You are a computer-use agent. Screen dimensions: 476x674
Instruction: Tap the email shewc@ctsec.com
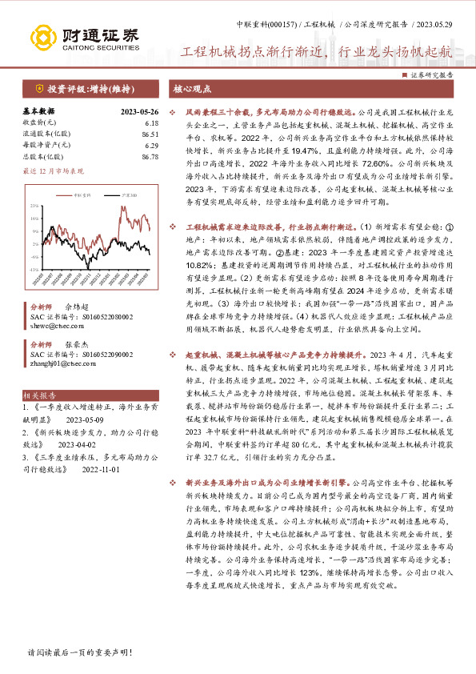(x=50, y=327)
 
